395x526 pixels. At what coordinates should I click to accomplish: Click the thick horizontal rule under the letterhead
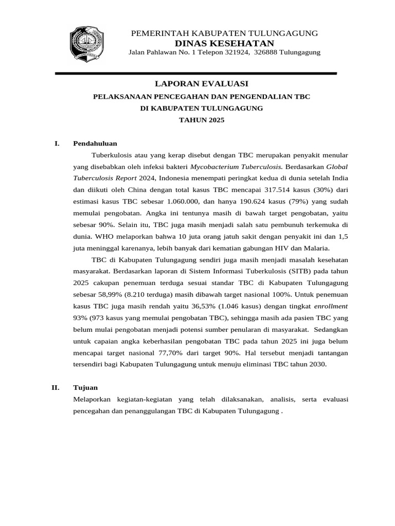pyautogui.click(x=195, y=73)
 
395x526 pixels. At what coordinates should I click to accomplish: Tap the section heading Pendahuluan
pyautogui.click(x=95, y=143)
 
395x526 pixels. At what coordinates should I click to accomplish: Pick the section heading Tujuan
pyautogui.click(x=85, y=387)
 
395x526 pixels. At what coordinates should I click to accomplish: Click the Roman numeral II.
pyautogui.click(x=56, y=387)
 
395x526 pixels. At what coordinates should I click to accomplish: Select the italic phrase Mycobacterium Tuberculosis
pyautogui.click(x=236, y=166)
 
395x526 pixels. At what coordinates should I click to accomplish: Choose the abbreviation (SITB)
pyautogui.click(x=279, y=271)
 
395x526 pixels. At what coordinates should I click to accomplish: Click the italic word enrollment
pyautogui.click(x=332, y=306)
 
